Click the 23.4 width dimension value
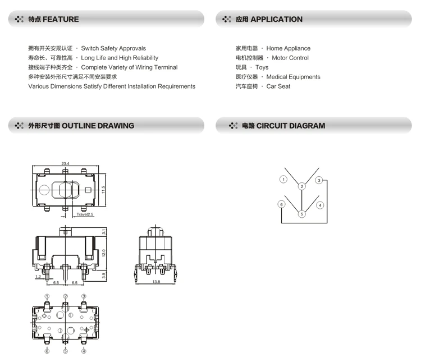pos(65,163)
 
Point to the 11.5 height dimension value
pos(104,191)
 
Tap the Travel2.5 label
pos(85,214)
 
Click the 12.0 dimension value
pos(104,254)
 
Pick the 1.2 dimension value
pos(38,277)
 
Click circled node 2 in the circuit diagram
pos(301,186)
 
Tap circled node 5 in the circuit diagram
pos(301,214)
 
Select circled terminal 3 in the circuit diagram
pos(318,180)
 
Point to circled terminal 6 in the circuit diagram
pos(281,205)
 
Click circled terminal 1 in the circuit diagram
pos(283,180)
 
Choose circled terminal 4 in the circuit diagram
pos(320,205)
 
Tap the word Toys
pos(262,67)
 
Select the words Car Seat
pos(278,86)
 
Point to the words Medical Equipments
pos(293,77)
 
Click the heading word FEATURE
pos(61,19)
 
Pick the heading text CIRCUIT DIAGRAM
pos(291,126)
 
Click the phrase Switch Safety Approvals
pos(113,48)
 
